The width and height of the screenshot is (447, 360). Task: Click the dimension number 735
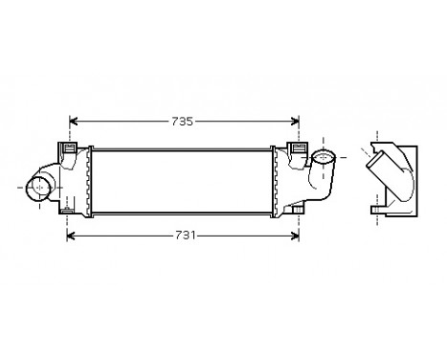coord(183,122)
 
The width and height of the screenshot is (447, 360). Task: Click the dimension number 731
coord(183,235)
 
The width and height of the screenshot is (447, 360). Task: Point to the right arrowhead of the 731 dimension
coord(294,235)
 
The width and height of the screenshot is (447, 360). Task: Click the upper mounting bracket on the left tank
coord(69,149)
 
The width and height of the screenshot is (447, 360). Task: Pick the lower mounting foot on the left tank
coord(70,209)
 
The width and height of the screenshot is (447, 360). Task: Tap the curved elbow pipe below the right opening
coord(319,182)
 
